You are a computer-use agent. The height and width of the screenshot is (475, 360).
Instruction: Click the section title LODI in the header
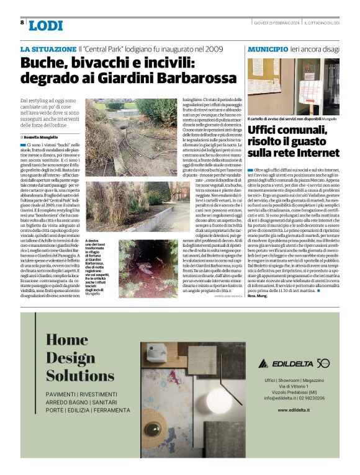[46, 25]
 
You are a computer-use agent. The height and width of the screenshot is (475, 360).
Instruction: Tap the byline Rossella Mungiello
[42, 136]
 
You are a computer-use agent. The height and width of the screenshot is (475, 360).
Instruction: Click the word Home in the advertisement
[67, 340]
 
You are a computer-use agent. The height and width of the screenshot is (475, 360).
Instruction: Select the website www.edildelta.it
[295, 409]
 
